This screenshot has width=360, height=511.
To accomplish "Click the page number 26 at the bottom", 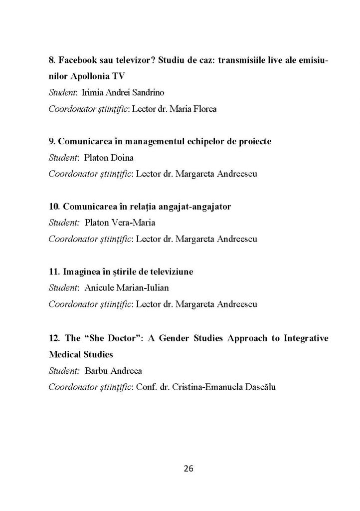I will pos(189,469).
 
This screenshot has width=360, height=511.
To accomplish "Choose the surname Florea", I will pos(205,108).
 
